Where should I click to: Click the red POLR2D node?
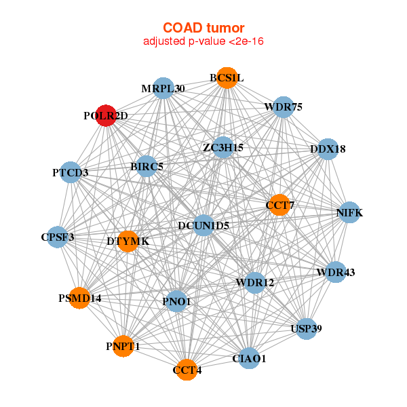tap(106, 115)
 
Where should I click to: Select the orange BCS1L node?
tap(227, 78)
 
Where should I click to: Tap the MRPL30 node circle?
tap(163, 88)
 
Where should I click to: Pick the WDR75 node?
tap(283, 107)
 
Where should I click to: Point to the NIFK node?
tap(349, 212)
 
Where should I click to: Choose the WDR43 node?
tap(335, 273)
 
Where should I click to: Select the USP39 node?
tap(306, 328)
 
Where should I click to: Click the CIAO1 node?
tap(249, 357)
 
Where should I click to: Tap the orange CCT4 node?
tap(187, 370)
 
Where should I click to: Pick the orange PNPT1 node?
tap(123, 346)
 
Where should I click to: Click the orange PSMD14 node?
tap(79, 298)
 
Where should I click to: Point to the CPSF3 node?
tap(58, 237)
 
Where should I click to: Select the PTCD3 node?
tap(71, 172)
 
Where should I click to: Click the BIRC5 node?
tap(147, 166)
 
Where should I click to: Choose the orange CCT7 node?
tap(279, 205)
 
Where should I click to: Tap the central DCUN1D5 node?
tap(203, 225)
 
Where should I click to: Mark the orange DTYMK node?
tap(128, 241)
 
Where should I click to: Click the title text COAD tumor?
tap(203, 28)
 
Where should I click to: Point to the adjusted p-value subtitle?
tap(203, 41)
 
